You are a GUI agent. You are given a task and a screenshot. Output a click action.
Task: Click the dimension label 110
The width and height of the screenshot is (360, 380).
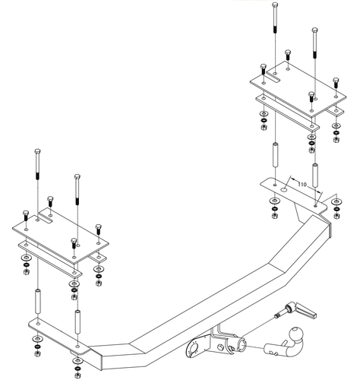point(302,185)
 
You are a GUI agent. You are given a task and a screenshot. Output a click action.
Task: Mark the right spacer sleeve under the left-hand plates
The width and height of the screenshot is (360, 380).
point(76,323)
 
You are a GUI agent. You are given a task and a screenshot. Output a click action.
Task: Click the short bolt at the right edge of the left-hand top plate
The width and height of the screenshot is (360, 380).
point(98,229)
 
